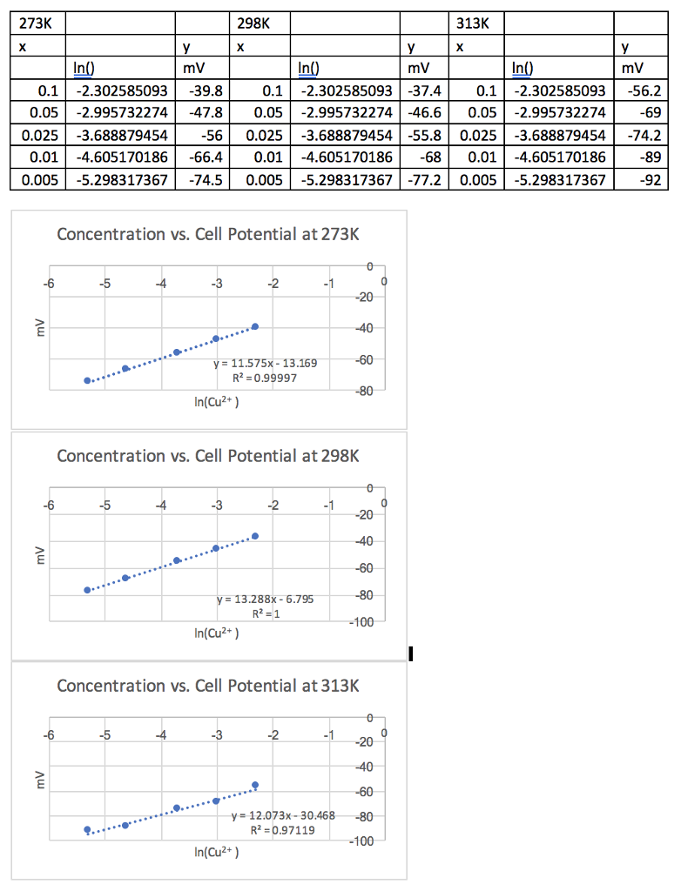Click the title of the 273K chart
(x=207, y=234)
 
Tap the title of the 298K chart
(x=207, y=456)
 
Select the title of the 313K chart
(x=207, y=686)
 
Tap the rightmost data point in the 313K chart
(x=255, y=785)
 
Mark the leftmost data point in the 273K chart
(x=87, y=380)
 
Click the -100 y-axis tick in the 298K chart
(x=361, y=622)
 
